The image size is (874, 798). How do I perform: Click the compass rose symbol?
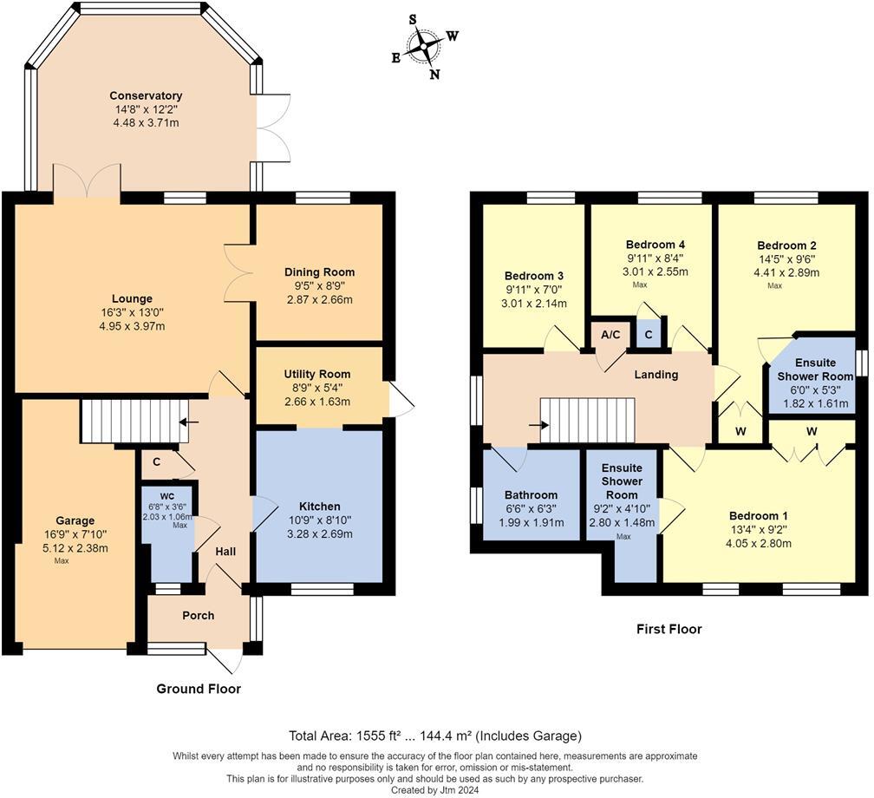coord(424,46)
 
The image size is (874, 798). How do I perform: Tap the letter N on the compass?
coord(434,75)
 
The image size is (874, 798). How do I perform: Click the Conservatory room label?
coord(146,96)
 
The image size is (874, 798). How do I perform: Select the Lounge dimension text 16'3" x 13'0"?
coord(132,312)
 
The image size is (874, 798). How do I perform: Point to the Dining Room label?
coord(319,272)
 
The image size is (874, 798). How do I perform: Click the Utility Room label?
coord(317,374)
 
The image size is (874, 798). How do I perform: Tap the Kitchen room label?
coord(319,507)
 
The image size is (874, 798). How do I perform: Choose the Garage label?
coord(75,520)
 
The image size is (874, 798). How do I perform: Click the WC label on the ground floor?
coord(167,496)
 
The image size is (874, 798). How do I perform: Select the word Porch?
coord(199,616)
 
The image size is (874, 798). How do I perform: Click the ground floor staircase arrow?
coord(189,422)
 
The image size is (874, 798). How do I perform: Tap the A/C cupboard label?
coord(610,335)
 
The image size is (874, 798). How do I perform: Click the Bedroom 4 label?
coord(655,245)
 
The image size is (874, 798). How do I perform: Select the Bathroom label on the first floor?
coord(531,495)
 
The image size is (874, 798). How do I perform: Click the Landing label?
coord(656,375)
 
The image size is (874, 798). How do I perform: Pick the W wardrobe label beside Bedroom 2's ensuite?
coord(740,432)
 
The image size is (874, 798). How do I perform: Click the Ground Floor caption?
coord(199,689)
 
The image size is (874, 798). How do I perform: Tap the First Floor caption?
coord(669,629)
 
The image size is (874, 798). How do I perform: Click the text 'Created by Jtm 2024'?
coord(434,790)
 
